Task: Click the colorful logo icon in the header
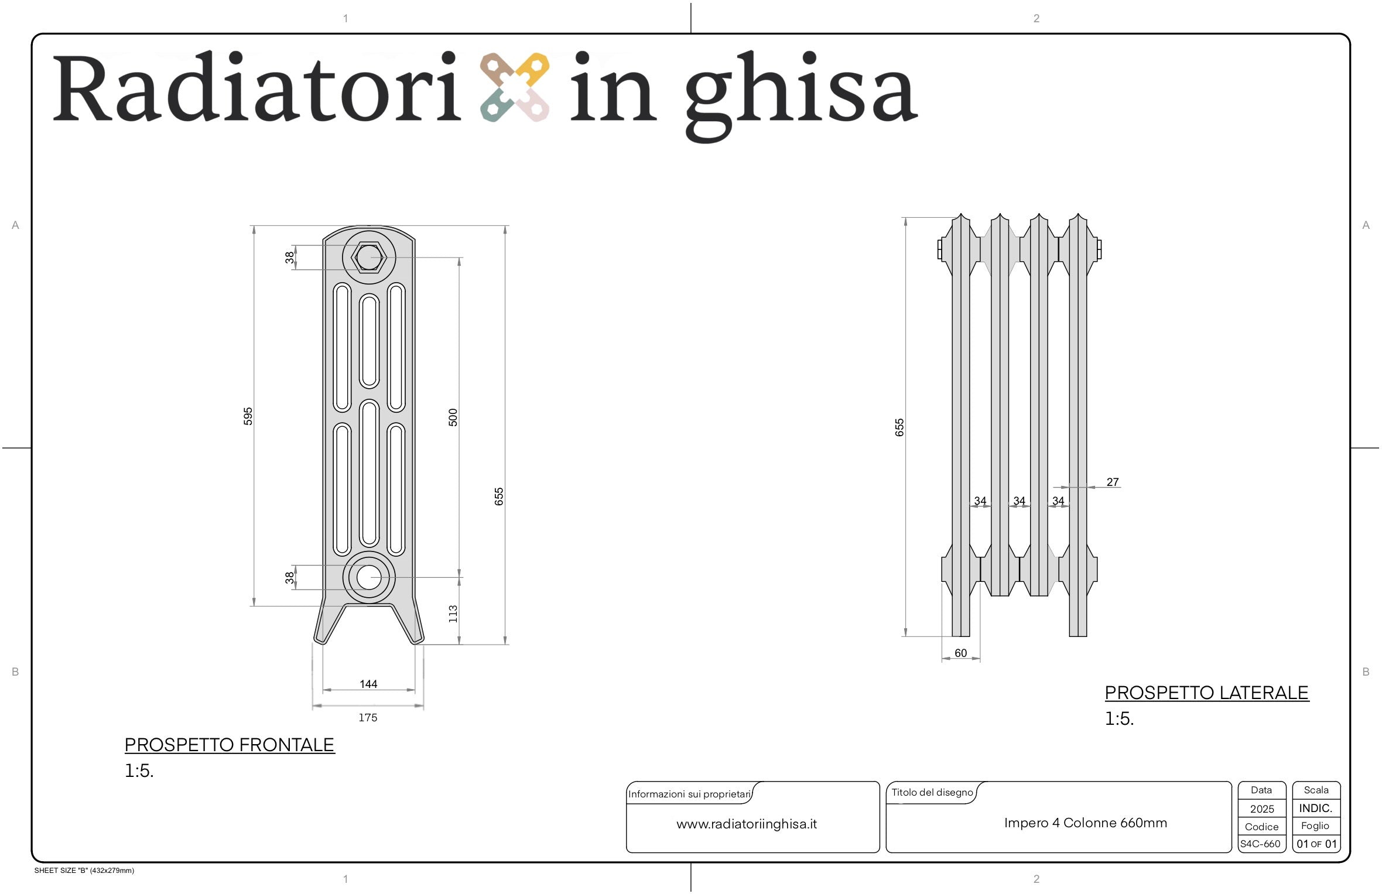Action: (515, 88)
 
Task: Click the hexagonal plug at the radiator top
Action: (369, 257)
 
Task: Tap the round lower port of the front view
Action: (369, 577)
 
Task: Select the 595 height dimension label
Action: (248, 416)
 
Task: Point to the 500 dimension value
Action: (453, 417)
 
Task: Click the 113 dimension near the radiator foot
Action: (453, 614)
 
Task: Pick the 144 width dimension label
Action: (368, 684)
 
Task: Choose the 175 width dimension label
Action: (368, 717)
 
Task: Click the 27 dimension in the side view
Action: (1113, 482)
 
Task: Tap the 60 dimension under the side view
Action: (961, 653)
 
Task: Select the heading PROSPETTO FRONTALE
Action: (230, 745)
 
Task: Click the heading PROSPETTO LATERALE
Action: (1206, 693)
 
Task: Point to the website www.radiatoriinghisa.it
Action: (747, 824)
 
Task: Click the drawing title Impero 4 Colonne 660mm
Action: (1086, 823)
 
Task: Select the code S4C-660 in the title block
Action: (1260, 844)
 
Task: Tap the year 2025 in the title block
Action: (1262, 809)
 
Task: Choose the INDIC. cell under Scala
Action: (1316, 808)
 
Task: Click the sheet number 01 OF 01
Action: (1316, 844)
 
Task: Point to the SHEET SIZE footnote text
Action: (84, 871)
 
